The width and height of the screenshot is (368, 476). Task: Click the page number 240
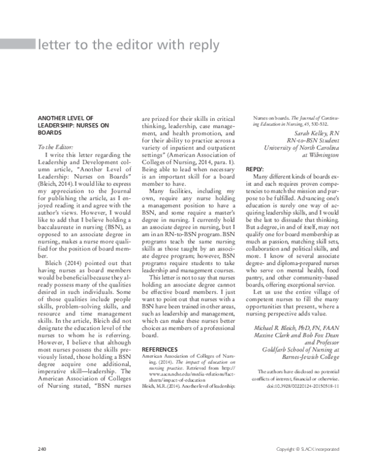[43, 449]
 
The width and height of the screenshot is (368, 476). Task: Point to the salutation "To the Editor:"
[56, 147]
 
